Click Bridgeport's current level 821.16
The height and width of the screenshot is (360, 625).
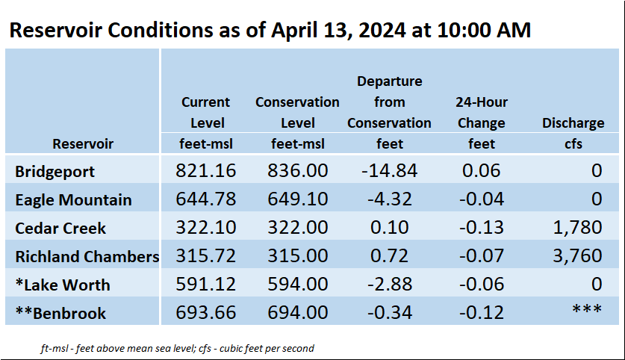205,170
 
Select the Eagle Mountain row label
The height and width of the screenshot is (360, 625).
73,199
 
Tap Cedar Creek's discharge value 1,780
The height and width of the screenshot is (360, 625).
577,227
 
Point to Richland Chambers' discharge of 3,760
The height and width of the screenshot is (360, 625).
577,255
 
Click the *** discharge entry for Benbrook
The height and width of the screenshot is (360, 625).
587,308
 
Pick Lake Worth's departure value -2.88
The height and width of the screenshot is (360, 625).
390,284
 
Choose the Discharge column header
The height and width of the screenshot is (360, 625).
573,122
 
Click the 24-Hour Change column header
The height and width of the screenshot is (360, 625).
482,113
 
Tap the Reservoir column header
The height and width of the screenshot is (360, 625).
83,143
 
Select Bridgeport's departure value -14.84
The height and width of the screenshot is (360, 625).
390,170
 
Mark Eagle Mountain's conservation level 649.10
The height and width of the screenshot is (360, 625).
297,199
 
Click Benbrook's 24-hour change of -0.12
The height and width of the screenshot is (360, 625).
482,312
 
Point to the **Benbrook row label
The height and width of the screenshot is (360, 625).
60,313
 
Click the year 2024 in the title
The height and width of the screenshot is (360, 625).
382,30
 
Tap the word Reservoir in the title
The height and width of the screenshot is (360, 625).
56,30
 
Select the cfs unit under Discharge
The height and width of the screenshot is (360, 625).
573,143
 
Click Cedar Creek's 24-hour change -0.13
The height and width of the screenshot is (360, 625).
482,227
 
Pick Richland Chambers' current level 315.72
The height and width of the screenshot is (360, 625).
205,255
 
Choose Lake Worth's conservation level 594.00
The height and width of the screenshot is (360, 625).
297,284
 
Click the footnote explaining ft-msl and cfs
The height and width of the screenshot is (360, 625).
178,349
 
